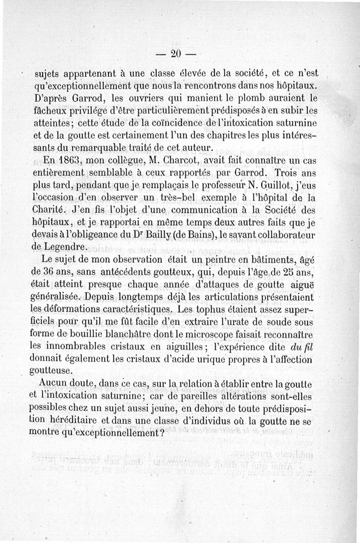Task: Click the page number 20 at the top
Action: pyautogui.click(x=175, y=54)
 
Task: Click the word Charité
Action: pyautogui.click(x=49, y=209)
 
